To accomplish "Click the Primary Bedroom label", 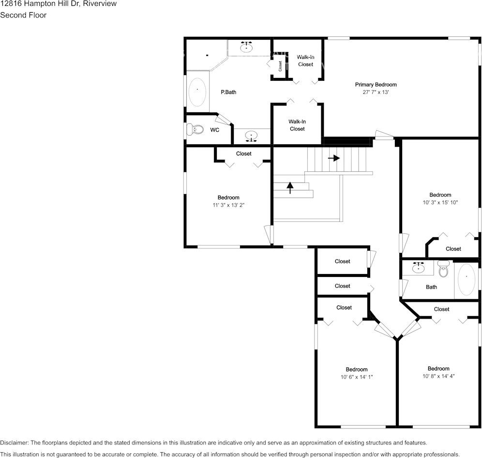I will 376,85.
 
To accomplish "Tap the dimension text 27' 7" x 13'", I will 376,92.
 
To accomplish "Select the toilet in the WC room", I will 195,129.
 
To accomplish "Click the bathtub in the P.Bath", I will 197,92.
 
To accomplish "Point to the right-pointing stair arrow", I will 334,158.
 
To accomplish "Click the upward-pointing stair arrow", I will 290,187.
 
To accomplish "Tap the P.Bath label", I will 228,92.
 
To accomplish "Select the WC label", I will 214,130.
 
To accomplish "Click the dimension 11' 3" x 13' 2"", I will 228,205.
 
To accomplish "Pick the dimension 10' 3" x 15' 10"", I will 440,202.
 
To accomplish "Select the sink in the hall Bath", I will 418,267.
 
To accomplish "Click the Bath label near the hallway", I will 431,287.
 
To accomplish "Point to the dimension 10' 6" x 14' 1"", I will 357,377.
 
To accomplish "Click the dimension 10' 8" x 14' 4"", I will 438,376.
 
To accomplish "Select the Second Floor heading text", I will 23,15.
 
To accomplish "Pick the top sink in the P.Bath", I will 247,47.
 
